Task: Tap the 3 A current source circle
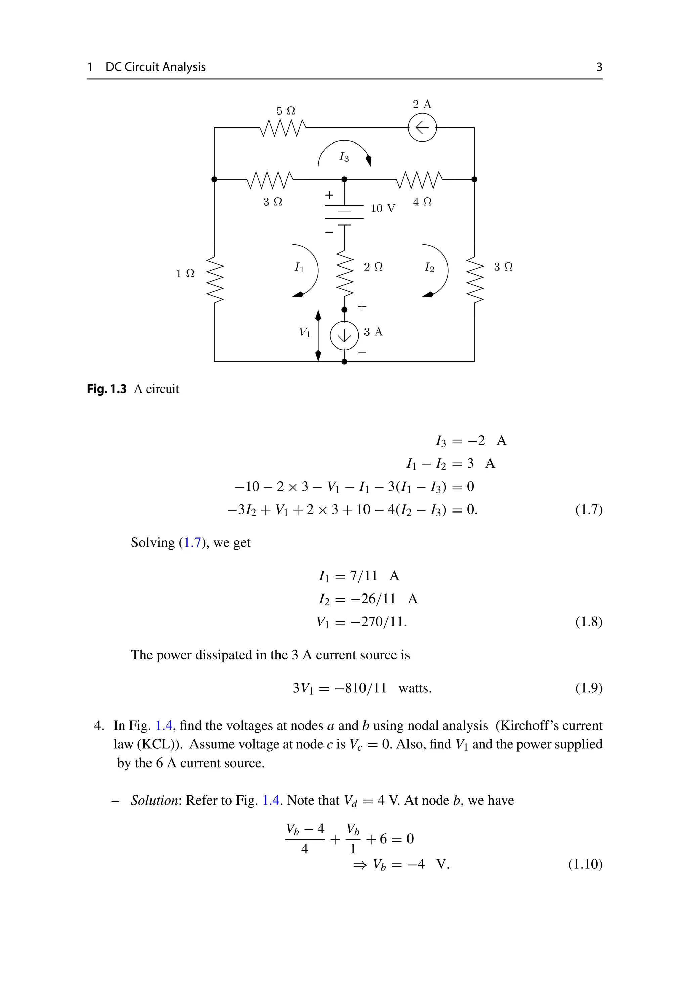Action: click(344, 336)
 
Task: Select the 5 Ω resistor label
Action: click(286, 111)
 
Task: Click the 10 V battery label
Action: click(383, 208)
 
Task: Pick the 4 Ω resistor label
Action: click(422, 202)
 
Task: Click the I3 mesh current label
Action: click(344, 157)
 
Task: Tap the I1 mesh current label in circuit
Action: click(299, 268)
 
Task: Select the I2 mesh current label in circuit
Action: click(429, 268)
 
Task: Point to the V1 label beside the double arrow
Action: click(305, 332)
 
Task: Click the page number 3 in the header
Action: click(599, 67)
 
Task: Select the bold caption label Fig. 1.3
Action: click(106, 389)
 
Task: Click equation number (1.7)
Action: click(589, 509)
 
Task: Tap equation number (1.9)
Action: click(589, 688)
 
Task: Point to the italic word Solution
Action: click(155, 800)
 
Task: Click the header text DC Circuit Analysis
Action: click(156, 67)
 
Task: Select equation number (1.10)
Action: click(585, 864)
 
